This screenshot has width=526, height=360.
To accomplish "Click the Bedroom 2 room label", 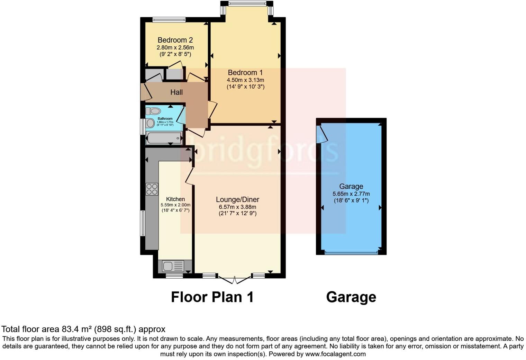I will point(175,40).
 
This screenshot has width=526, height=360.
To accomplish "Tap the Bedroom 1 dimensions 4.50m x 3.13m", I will point(245,80).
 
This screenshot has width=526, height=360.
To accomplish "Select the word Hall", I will point(176,92).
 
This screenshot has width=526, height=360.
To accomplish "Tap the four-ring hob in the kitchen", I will point(152,189).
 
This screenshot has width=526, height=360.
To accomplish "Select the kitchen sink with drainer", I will point(173,266).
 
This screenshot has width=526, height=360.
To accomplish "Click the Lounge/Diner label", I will point(237,200).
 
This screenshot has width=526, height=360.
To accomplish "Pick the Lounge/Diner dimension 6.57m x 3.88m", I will point(237,207).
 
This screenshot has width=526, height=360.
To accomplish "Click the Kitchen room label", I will point(175,199).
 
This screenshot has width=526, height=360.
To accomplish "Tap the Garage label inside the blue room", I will point(351,187).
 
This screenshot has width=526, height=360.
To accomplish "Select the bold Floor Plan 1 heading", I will point(212,297).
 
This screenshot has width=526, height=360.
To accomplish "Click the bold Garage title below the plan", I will point(351,297).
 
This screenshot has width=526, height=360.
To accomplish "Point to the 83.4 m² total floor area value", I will point(78,329).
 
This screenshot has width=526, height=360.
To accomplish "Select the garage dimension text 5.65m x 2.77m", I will point(351,194).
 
